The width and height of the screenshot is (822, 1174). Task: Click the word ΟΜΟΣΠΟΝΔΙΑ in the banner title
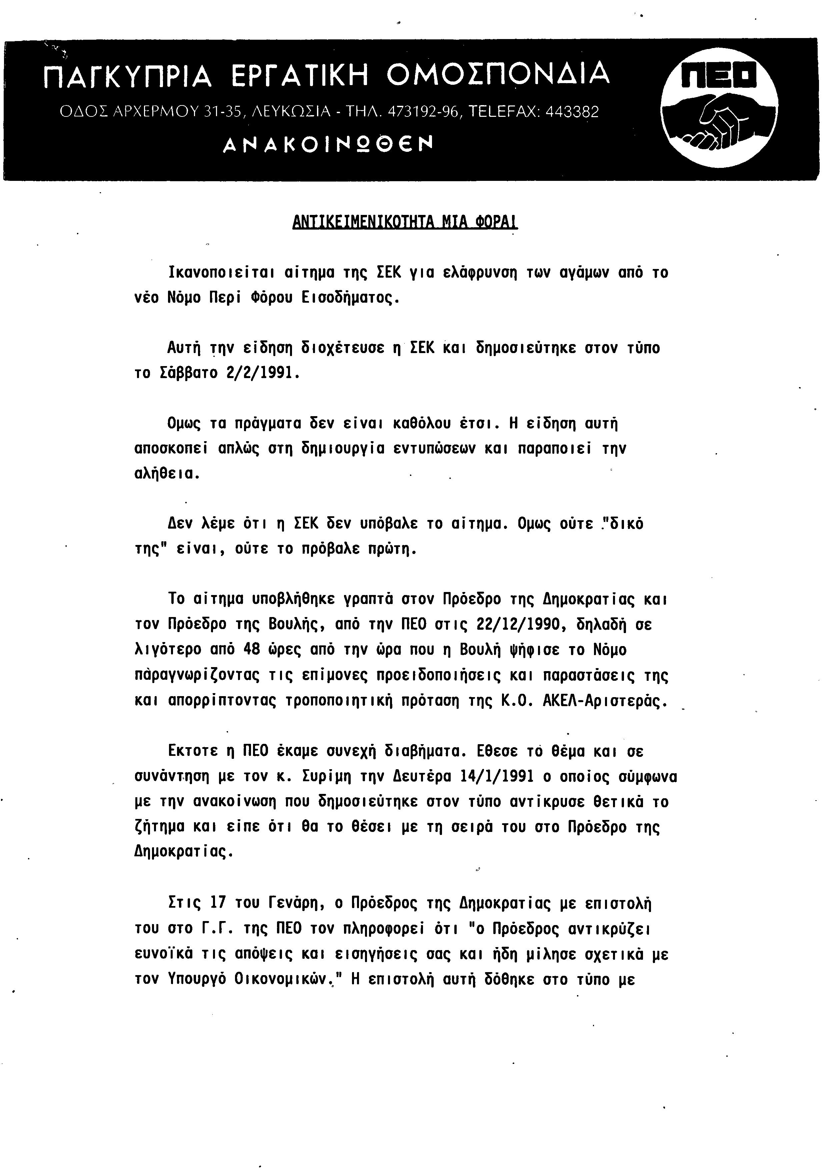point(498,74)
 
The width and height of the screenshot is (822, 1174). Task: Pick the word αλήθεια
point(163,474)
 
